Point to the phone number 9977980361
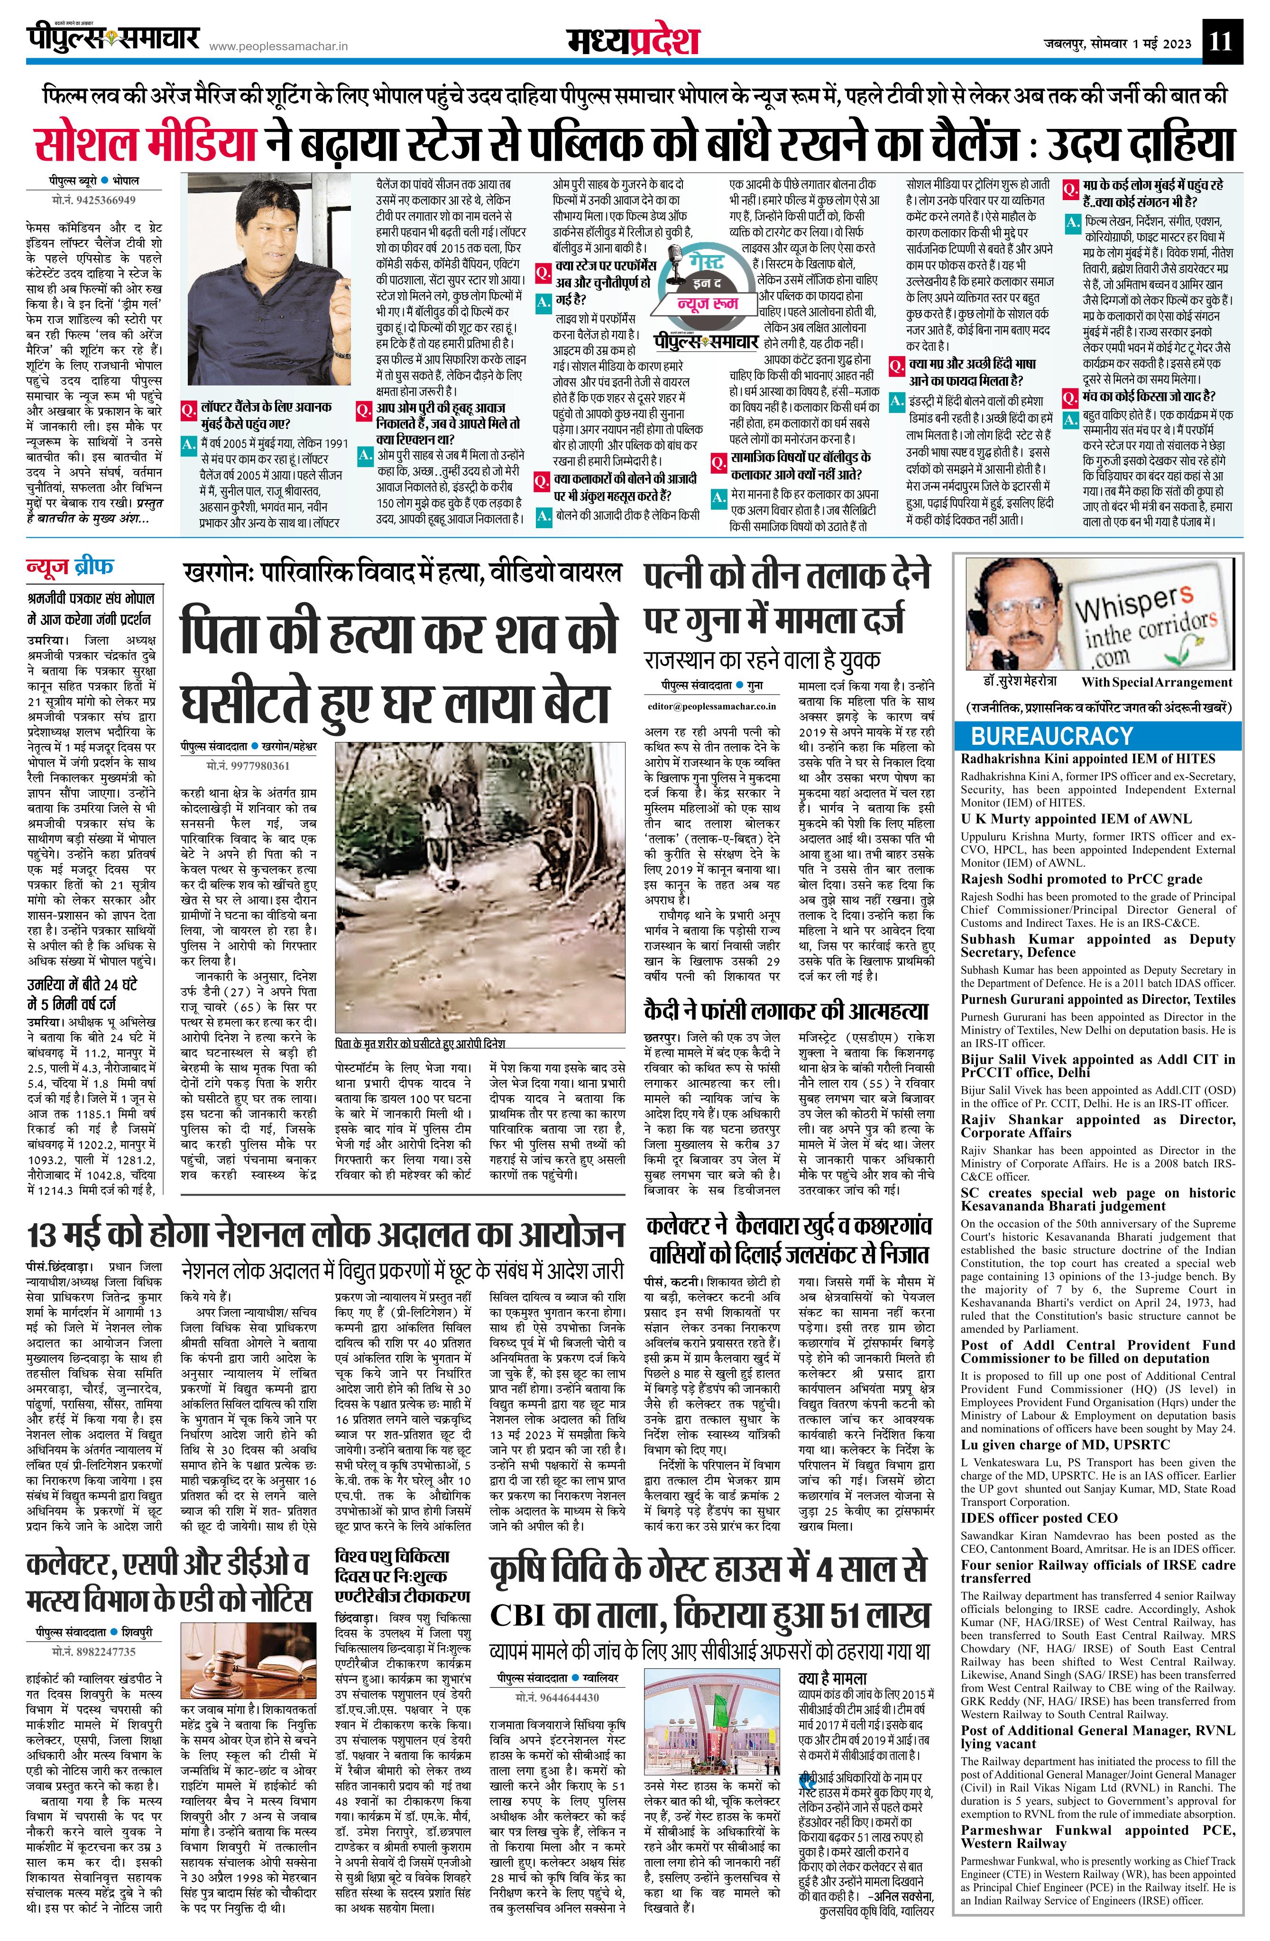point(249,766)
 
